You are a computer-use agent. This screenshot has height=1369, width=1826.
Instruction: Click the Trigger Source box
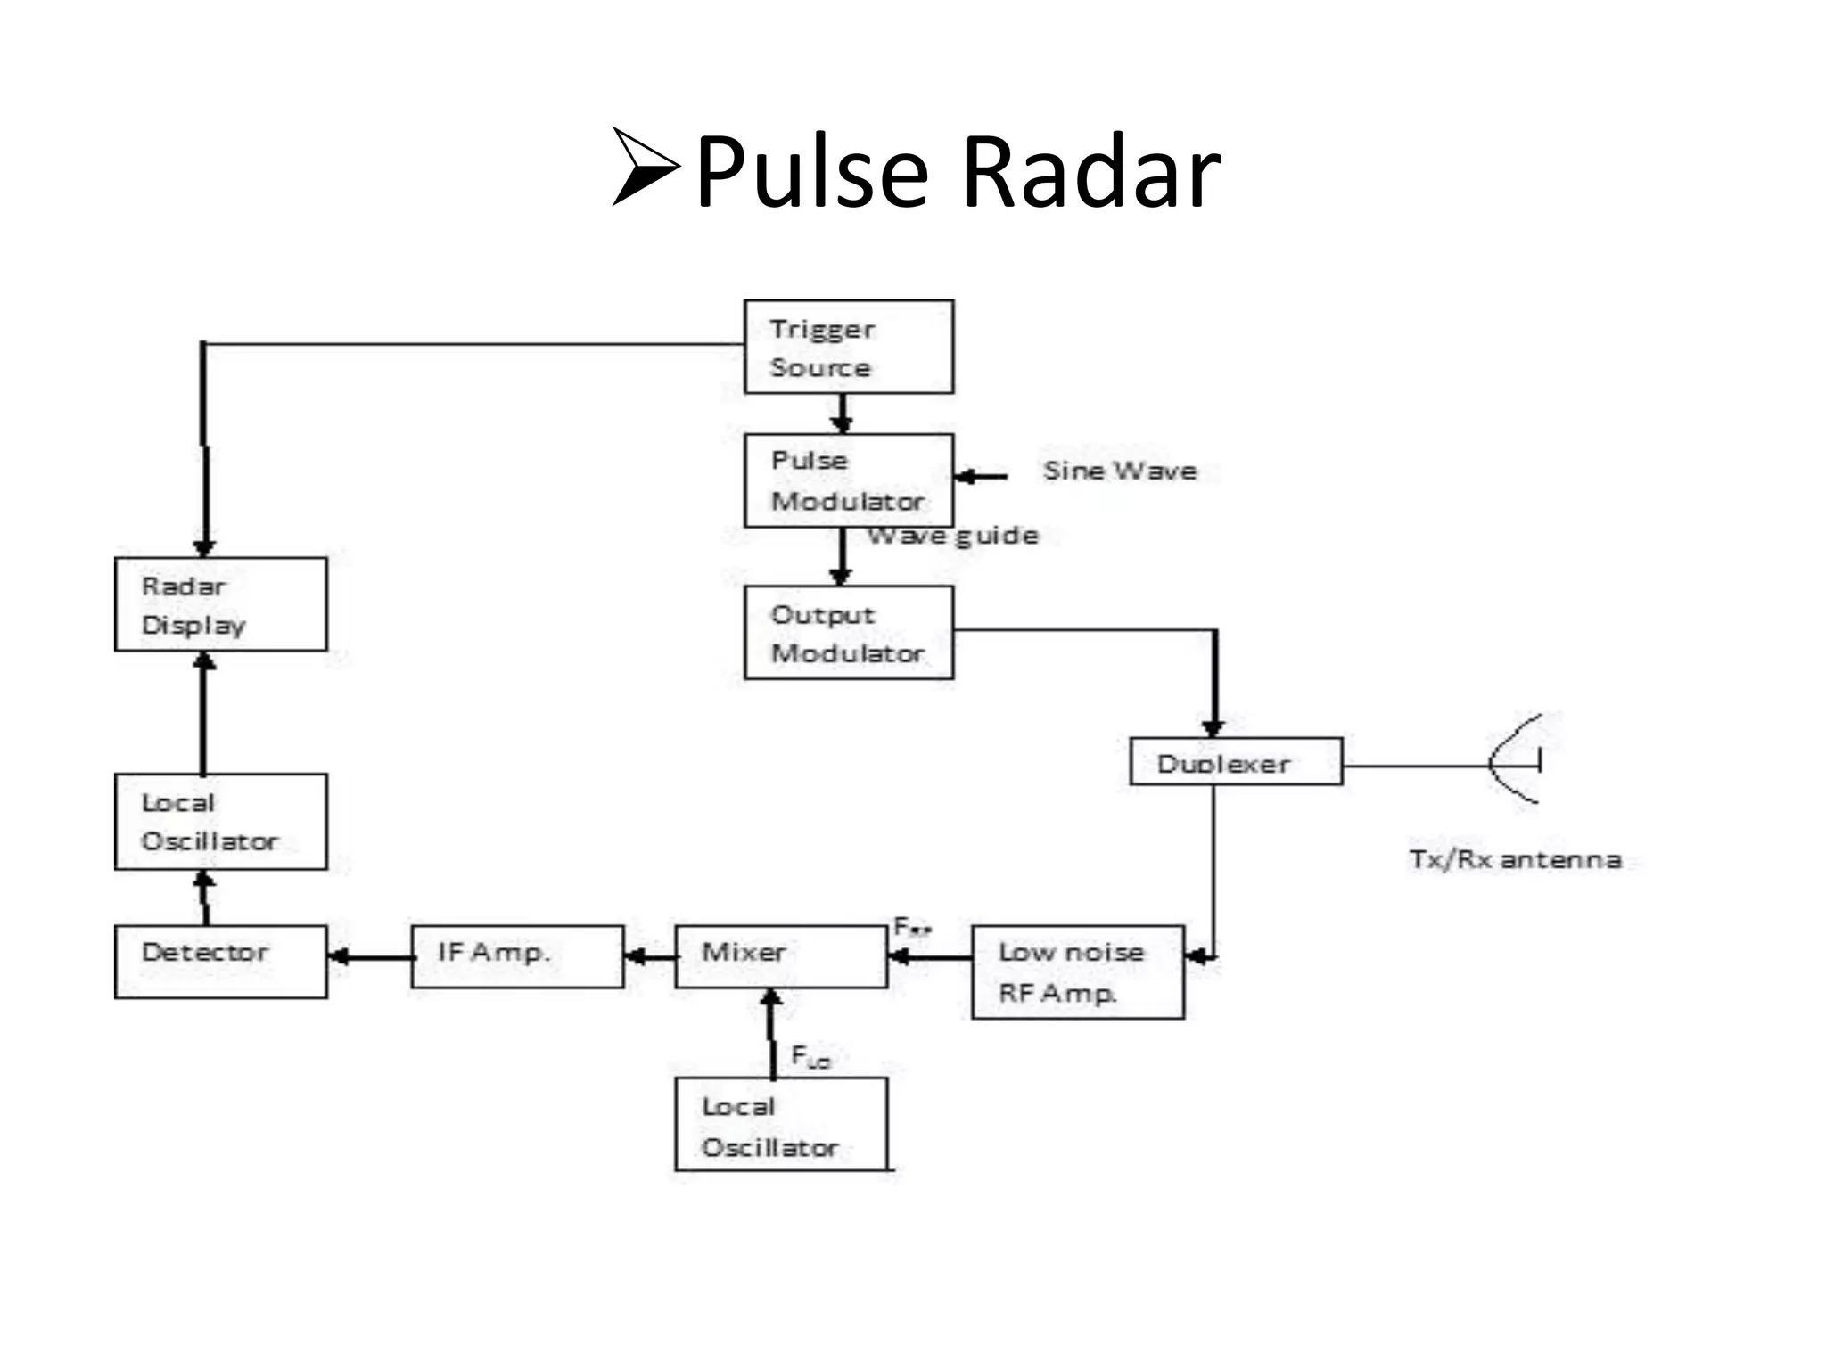click(x=848, y=347)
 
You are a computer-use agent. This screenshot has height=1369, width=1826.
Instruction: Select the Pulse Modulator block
click(x=848, y=480)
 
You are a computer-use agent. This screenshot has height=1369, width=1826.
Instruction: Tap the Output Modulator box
click(x=848, y=633)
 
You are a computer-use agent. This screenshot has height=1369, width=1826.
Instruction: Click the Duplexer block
click(x=1235, y=761)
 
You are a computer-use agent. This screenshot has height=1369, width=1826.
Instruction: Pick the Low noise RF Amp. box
click(x=1077, y=972)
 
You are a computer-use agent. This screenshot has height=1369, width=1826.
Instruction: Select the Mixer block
click(x=781, y=956)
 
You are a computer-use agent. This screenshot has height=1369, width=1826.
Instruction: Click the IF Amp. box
click(x=517, y=956)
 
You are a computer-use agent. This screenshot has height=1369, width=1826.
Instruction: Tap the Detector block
click(x=220, y=962)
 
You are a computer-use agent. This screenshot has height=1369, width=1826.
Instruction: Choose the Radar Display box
click(x=220, y=604)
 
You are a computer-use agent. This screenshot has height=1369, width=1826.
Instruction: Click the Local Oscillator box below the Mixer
click(x=781, y=1125)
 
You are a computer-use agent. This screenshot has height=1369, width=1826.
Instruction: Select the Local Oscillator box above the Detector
click(x=220, y=822)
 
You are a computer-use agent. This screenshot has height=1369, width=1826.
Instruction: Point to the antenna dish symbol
click(x=1516, y=760)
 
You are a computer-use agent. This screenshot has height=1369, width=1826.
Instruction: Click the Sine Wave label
click(x=1120, y=471)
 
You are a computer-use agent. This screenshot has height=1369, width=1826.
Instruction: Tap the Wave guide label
click(x=953, y=535)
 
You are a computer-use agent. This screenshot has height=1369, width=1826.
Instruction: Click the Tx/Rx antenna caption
click(x=1515, y=859)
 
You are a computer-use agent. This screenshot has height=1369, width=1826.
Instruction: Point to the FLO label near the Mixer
click(x=810, y=1057)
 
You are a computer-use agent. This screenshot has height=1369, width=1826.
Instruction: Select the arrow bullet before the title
click(x=646, y=167)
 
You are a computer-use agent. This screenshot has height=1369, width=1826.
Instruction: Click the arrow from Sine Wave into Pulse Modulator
click(x=981, y=477)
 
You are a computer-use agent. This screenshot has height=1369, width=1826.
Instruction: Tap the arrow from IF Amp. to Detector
click(x=370, y=958)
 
